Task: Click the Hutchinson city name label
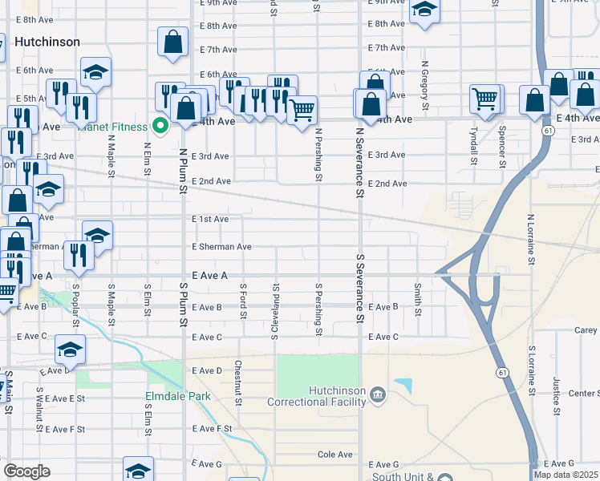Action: (47, 42)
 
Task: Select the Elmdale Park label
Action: (177, 396)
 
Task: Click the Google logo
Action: (26, 471)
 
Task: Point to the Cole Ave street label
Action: (334, 455)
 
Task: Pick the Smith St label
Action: (418, 298)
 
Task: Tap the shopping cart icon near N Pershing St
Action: (302, 110)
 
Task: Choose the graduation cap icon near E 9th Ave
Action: (424, 10)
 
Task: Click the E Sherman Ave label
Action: (221, 247)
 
